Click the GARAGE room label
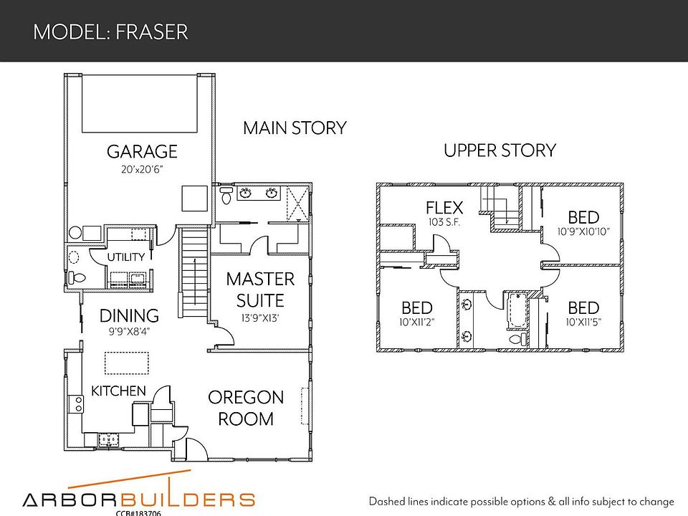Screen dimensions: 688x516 142,151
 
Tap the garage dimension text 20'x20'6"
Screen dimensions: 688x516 142,169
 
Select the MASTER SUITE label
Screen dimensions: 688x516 260,290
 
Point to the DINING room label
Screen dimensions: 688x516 129,315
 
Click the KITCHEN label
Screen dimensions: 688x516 118,391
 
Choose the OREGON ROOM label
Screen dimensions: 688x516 246,408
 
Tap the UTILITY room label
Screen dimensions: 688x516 126,257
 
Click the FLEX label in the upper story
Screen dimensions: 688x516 444,208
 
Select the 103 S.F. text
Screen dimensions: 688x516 444,222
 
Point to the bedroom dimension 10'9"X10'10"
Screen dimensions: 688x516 583,231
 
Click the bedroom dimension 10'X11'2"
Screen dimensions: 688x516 417,322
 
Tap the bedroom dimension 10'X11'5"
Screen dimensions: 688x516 583,322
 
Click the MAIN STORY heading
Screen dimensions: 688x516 295,128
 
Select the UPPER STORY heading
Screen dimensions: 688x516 500,150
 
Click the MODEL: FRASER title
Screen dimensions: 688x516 110,32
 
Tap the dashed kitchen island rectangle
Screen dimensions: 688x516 127,363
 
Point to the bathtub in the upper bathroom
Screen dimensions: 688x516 517,310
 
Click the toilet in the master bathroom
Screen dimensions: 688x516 226,195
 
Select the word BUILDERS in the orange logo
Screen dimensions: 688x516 187,500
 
